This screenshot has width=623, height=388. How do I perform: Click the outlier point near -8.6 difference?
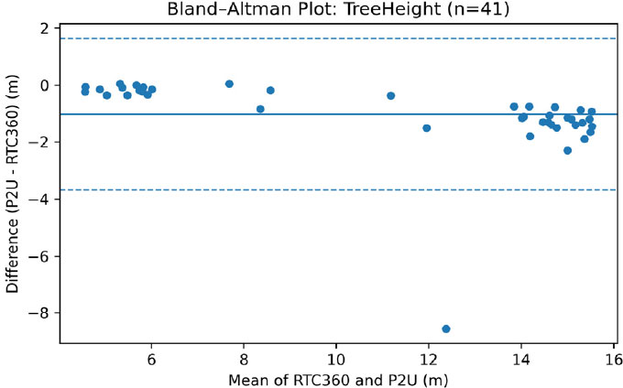point(446,329)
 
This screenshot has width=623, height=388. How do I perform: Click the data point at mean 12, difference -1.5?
point(427,128)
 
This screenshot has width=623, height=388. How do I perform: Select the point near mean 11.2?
point(391,95)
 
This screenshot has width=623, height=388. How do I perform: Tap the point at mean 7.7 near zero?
point(229,84)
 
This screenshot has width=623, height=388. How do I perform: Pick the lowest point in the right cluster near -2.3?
point(568,150)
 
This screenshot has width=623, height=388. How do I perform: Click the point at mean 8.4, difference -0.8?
point(260,109)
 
